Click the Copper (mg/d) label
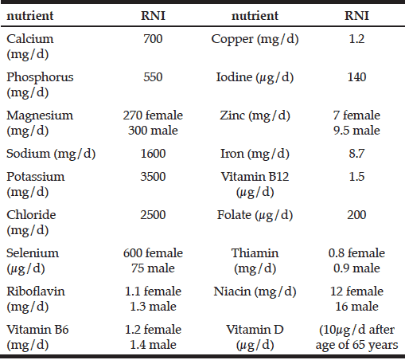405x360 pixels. pos(255,39)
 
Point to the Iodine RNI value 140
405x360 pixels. pos(356,77)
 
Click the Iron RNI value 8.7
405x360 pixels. pos(356,153)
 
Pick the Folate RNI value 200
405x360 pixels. pos(356,215)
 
